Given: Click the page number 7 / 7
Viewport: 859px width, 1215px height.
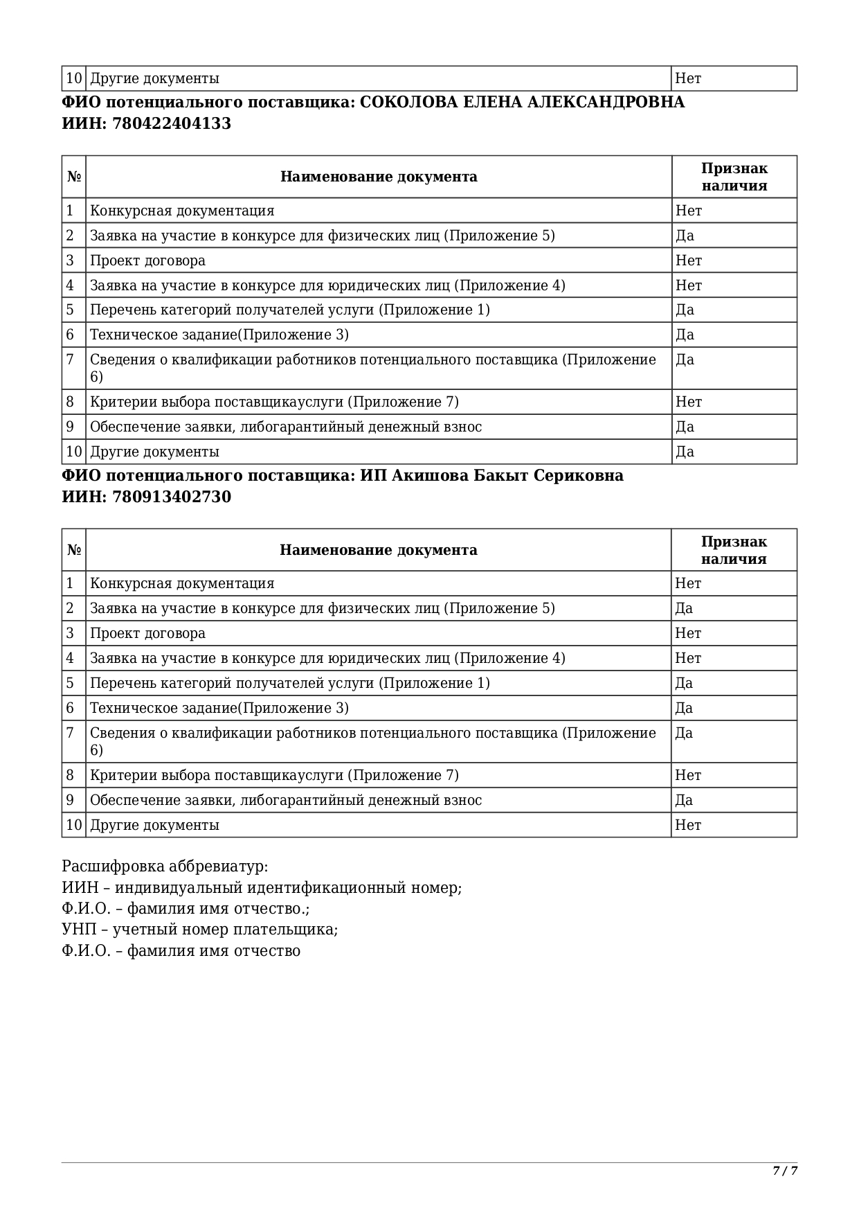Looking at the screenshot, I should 785,1171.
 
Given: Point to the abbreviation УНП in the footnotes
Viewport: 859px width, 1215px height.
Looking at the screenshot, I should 75,930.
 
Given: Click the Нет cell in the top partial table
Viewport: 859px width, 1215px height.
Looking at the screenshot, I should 688,78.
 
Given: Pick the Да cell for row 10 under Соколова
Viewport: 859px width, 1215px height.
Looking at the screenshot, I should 685,452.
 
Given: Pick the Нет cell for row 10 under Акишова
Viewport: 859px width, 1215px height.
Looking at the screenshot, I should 688,825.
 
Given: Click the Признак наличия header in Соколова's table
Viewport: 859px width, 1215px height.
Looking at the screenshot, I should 734,177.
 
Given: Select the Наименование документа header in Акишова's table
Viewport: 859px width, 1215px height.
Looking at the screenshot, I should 378,550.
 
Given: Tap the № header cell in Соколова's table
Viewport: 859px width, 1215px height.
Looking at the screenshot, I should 74,177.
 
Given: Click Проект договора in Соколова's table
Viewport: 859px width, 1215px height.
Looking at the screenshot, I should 147,260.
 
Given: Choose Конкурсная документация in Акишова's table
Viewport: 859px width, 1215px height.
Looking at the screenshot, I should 182,583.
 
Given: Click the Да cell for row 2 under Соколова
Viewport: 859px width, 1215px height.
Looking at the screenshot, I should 685,236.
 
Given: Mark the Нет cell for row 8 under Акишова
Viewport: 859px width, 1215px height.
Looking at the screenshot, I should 688,775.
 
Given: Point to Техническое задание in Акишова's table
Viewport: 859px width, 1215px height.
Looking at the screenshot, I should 163,708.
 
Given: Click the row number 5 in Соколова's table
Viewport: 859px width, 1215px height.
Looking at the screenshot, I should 70,310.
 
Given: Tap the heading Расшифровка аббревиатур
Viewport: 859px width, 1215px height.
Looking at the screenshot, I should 165,867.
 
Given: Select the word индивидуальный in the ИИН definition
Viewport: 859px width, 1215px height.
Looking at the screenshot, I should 180,888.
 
